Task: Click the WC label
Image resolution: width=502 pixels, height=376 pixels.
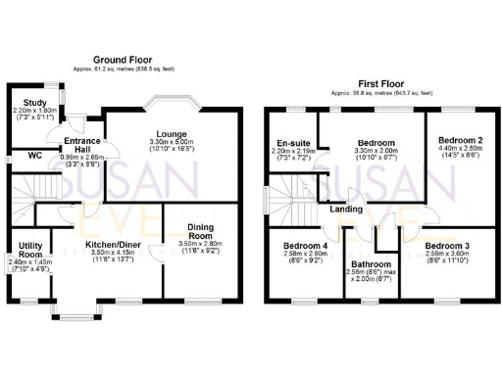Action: pyautogui.click(x=33, y=156)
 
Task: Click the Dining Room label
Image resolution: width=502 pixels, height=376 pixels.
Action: pyautogui.click(x=200, y=231)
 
